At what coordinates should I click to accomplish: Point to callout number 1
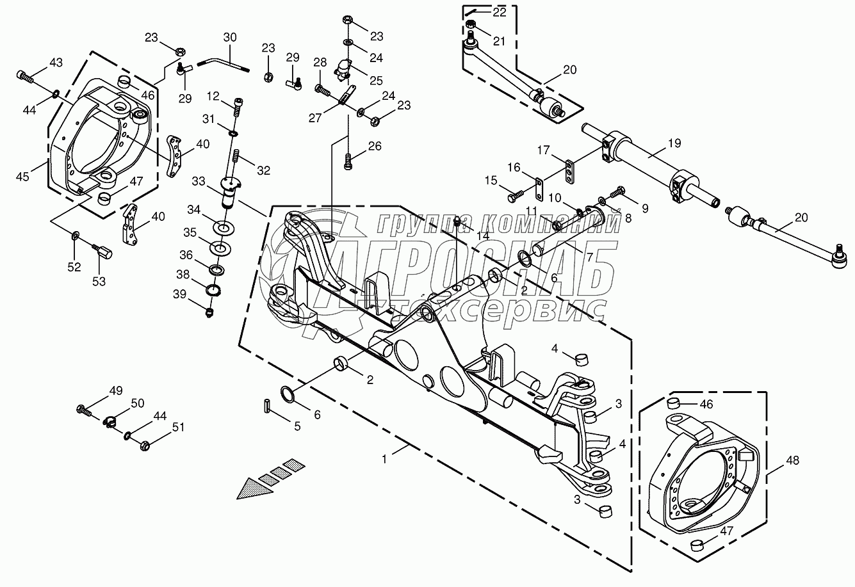385,458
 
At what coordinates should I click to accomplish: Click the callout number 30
229,38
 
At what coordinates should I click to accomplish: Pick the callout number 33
199,182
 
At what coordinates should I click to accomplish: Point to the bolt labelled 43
25,76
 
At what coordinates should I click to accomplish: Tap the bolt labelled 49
84,409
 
